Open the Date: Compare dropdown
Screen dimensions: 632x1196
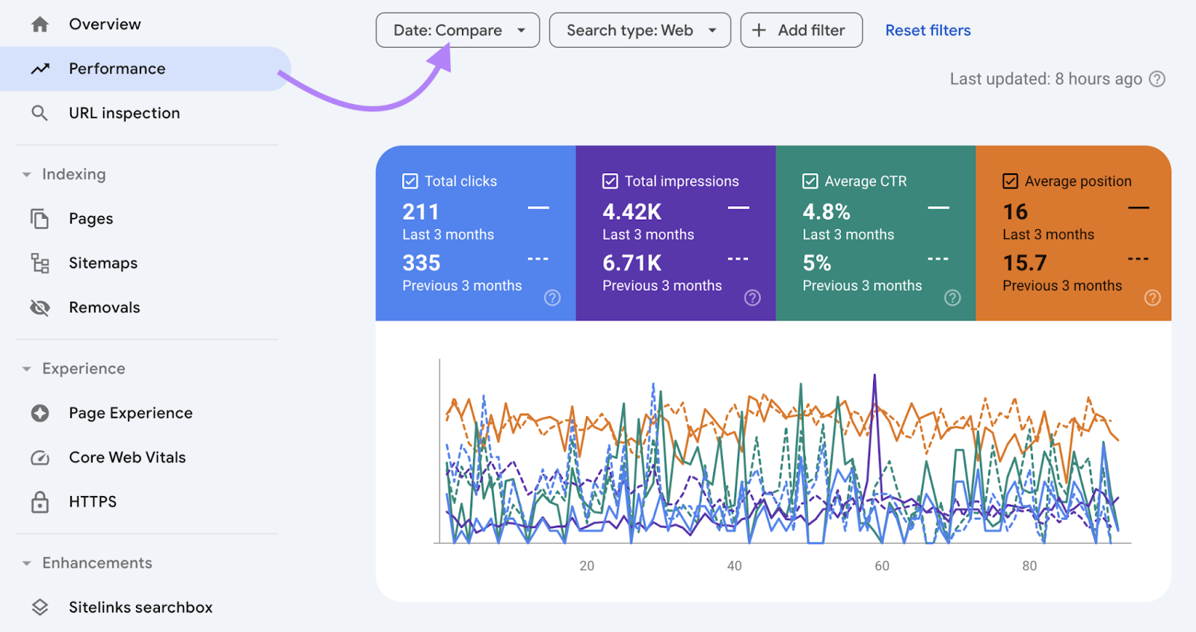click(x=457, y=31)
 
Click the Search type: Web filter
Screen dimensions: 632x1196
click(x=639, y=31)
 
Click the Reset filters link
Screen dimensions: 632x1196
click(x=928, y=31)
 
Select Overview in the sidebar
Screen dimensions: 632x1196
click(x=105, y=25)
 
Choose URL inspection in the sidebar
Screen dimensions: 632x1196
click(x=124, y=114)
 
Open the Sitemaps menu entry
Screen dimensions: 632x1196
click(x=103, y=263)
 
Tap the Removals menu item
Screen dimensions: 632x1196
click(x=104, y=308)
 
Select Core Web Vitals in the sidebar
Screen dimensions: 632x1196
click(x=127, y=457)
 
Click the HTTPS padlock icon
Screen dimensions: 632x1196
click(x=40, y=502)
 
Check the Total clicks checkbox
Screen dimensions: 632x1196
click(x=410, y=182)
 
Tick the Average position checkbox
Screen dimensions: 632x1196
click(x=1011, y=182)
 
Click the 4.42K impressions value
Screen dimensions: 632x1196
click(x=632, y=212)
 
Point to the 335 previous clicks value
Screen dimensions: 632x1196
click(x=422, y=263)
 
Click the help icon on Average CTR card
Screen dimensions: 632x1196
click(x=952, y=298)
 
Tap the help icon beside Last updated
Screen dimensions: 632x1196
click(x=1157, y=79)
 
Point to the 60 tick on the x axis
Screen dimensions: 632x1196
click(x=882, y=566)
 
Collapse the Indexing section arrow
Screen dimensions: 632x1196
click(x=27, y=175)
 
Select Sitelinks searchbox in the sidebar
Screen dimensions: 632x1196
click(x=141, y=607)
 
